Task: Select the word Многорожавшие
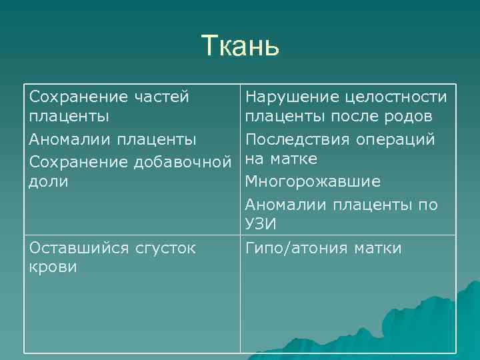[x=313, y=181]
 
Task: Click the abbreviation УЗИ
[x=261, y=224]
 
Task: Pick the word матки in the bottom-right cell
[x=381, y=249]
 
